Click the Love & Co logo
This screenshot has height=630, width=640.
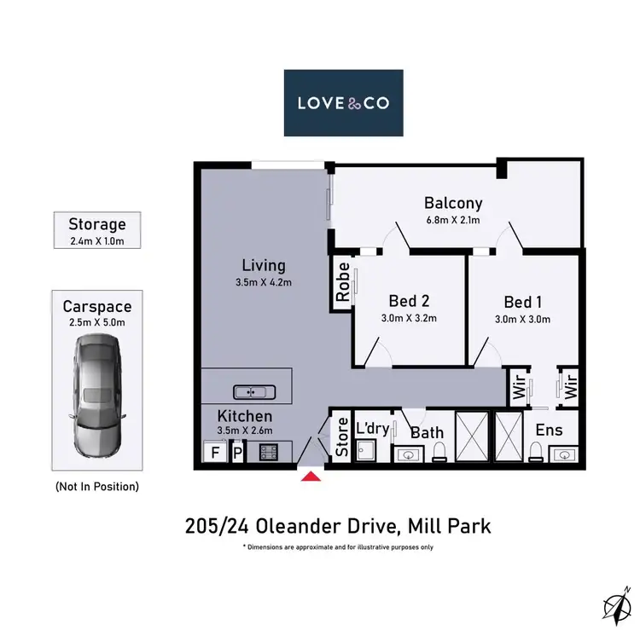(x=343, y=103)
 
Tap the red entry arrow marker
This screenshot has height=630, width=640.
(x=311, y=477)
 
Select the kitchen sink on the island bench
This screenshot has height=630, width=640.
(x=254, y=392)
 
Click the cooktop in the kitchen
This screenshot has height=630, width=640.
(x=269, y=453)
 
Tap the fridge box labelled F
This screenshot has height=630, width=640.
(x=215, y=452)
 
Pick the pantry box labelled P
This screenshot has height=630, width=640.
(x=237, y=453)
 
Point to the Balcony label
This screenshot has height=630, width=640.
(x=453, y=203)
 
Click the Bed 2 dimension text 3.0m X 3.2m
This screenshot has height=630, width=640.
(x=409, y=318)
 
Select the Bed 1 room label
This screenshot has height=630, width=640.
(x=523, y=302)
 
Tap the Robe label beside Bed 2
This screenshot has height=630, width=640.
(x=343, y=282)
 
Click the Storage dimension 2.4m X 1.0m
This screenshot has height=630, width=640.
(x=97, y=241)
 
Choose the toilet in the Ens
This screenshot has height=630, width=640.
(x=536, y=452)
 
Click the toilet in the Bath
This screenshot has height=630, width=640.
(x=439, y=452)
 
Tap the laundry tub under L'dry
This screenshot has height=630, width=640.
(x=366, y=451)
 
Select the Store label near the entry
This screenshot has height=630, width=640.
(x=342, y=436)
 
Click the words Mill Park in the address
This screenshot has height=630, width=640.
(x=450, y=526)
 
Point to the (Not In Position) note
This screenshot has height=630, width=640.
(x=97, y=487)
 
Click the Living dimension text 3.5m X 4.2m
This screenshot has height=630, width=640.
(x=264, y=282)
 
